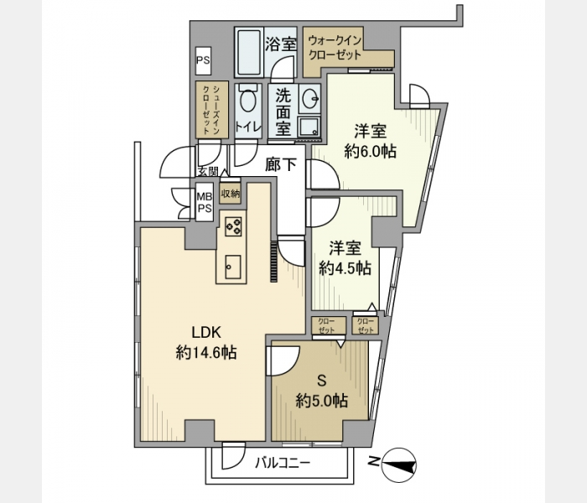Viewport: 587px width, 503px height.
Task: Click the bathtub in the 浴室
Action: [248, 52]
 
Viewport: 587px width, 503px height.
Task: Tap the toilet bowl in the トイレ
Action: [248, 98]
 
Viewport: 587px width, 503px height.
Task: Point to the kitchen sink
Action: [233, 267]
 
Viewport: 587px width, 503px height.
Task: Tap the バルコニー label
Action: [283, 464]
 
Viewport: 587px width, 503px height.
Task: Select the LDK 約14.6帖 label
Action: [206, 342]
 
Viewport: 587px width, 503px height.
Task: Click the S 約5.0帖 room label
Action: [321, 392]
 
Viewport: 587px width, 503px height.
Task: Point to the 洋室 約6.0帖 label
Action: [371, 142]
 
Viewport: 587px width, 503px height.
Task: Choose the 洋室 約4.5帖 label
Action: [345, 258]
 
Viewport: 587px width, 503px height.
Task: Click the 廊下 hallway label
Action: [281, 164]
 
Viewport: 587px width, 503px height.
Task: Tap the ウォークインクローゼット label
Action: [335, 48]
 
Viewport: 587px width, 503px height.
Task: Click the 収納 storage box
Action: [230, 194]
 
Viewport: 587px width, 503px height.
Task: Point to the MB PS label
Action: [205, 203]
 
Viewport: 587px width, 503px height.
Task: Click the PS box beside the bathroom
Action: [203, 60]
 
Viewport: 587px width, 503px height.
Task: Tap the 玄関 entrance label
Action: [208, 172]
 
